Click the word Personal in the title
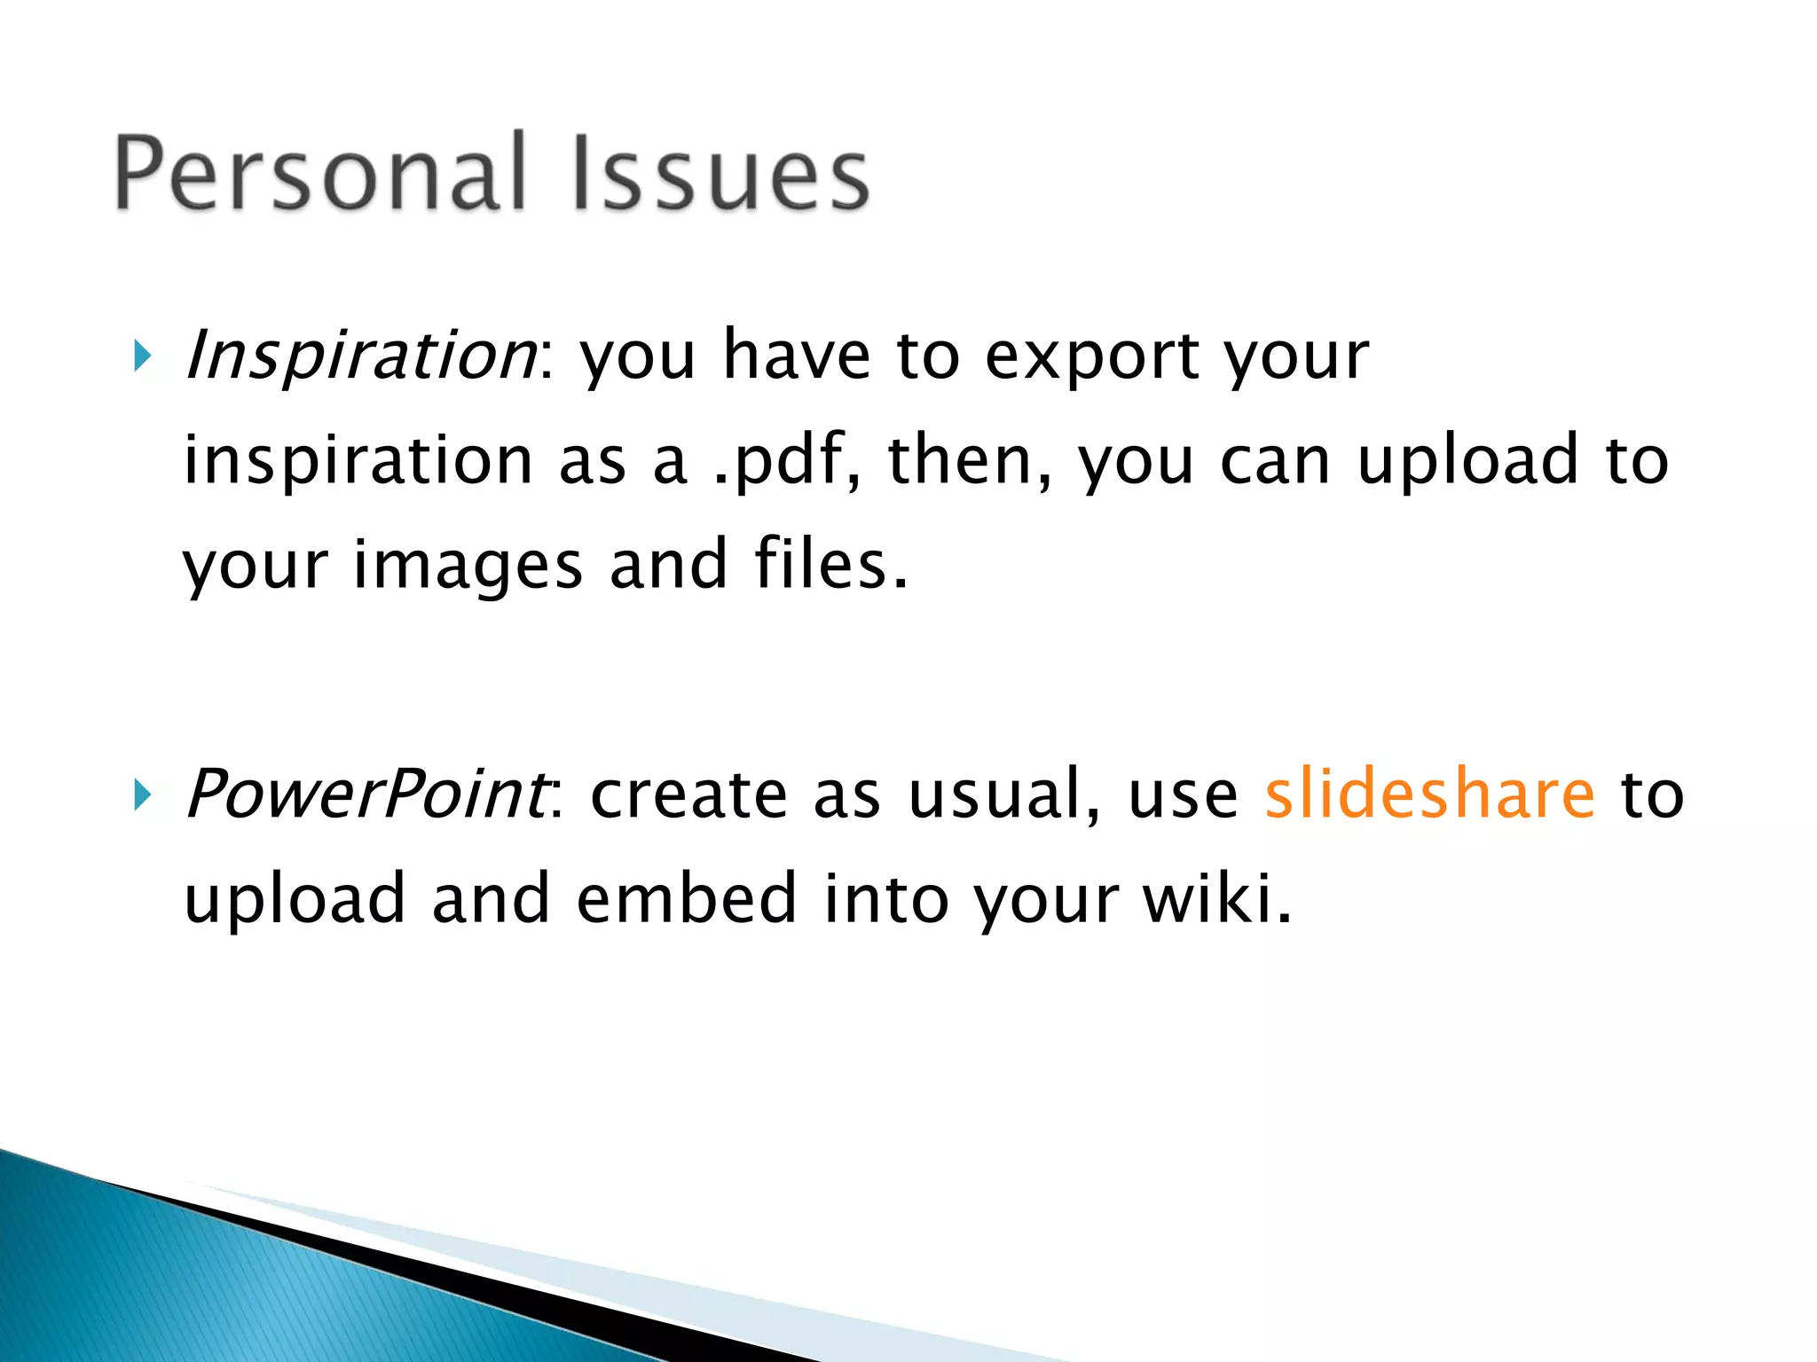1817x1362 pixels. coord(322,174)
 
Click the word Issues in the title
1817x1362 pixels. coord(720,174)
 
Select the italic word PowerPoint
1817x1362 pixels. coord(366,794)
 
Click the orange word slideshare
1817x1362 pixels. coord(1429,793)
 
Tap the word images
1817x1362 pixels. coord(468,566)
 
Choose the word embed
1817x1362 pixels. coord(687,898)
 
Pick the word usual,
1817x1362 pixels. coord(1004,794)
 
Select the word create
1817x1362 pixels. coord(688,794)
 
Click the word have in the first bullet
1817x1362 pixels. coord(796,356)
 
